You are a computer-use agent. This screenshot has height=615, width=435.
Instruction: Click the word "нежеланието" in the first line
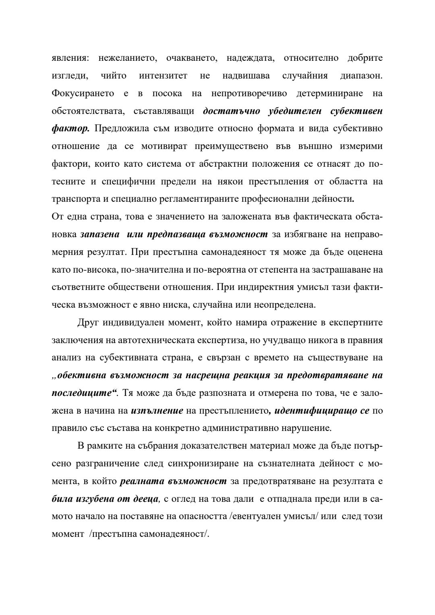click(128, 58)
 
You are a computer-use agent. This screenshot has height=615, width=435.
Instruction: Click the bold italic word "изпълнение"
click(157, 411)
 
